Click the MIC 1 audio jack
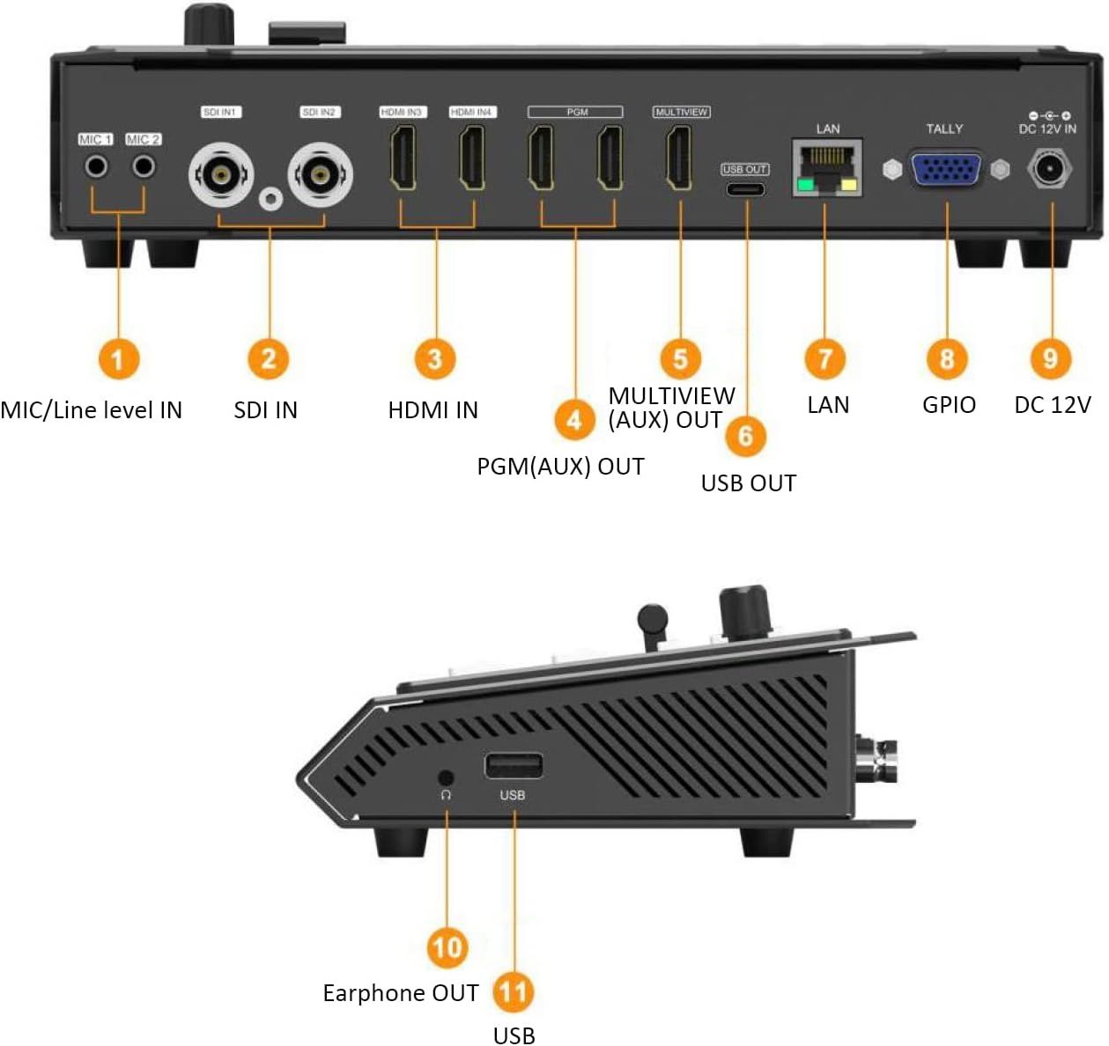(x=96, y=166)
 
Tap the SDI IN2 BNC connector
(x=320, y=174)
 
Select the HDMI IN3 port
(x=403, y=158)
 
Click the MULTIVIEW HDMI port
(x=679, y=158)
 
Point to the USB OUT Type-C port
(x=745, y=188)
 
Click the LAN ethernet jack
(x=826, y=167)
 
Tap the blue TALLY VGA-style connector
(x=946, y=169)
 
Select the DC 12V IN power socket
(x=1049, y=168)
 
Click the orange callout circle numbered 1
(x=118, y=359)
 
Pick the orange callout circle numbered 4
(x=574, y=419)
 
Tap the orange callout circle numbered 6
(x=746, y=435)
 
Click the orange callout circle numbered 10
(x=447, y=947)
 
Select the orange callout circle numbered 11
(x=514, y=992)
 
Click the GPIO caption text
(x=949, y=405)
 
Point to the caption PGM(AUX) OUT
(x=560, y=467)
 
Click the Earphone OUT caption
(x=400, y=993)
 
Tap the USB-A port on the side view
(x=513, y=766)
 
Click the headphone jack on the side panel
(x=446, y=777)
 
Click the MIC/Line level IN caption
(x=92, y=410)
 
